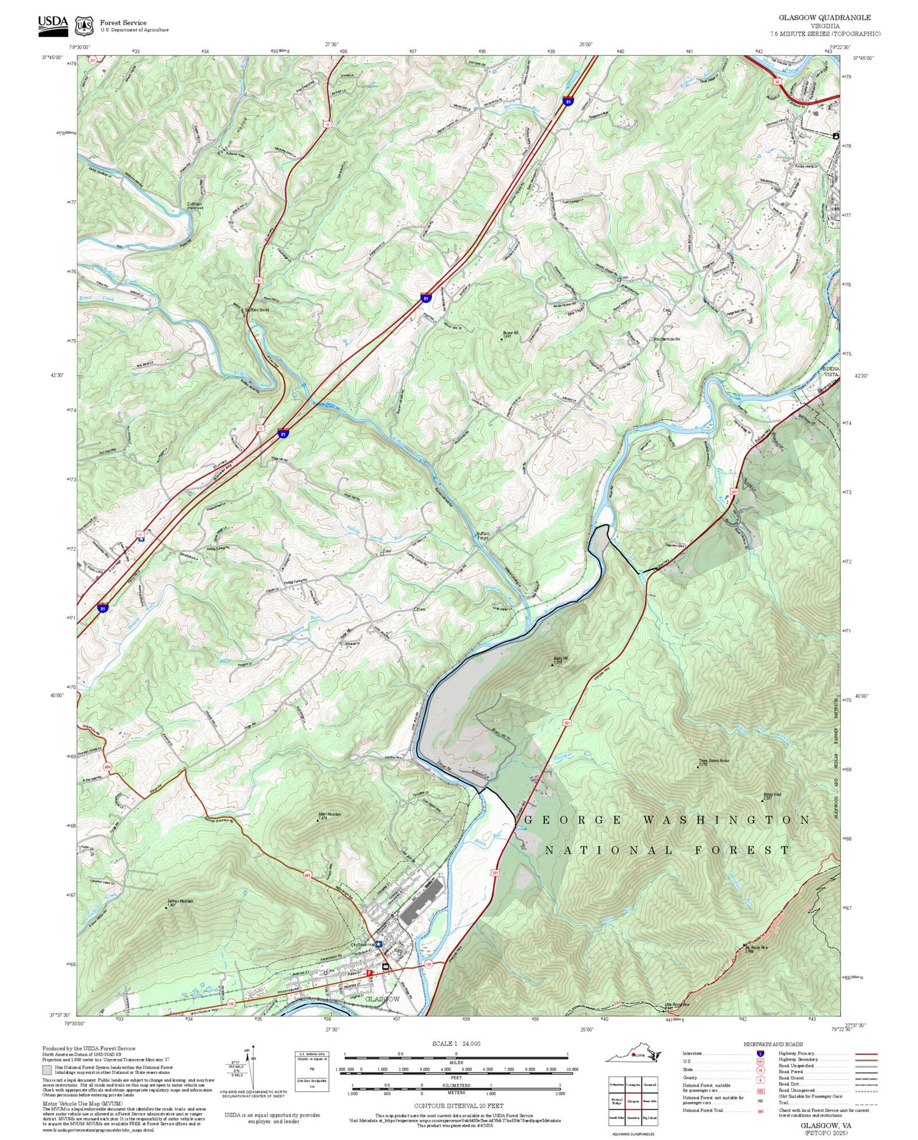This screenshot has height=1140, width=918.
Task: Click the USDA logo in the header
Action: pyautogui.click(x=53, y=24)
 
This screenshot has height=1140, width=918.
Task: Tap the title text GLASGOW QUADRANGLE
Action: pyautogui.click(x=825, y=18)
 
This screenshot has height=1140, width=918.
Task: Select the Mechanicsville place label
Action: pyautogui.click(x=666, y=339)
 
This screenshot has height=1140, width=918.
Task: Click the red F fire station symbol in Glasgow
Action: pyautogui.click(x=369, y=973)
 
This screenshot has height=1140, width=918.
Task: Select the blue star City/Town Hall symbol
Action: pyautogui.click(x=379, y=944)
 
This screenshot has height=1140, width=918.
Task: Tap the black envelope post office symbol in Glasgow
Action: pyautogui.click(x=386, y=967)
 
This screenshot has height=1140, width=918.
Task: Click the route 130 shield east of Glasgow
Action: pyautogui.click(x=428, y=964)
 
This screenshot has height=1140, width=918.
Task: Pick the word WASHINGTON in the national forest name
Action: pyautogui.click(x=726, y=820)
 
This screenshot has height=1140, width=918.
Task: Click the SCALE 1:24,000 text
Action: pyautogui.click(x=456, y=1043)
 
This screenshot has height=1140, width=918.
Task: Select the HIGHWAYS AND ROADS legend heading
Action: pyautogui.click(x=773, y=1044)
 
